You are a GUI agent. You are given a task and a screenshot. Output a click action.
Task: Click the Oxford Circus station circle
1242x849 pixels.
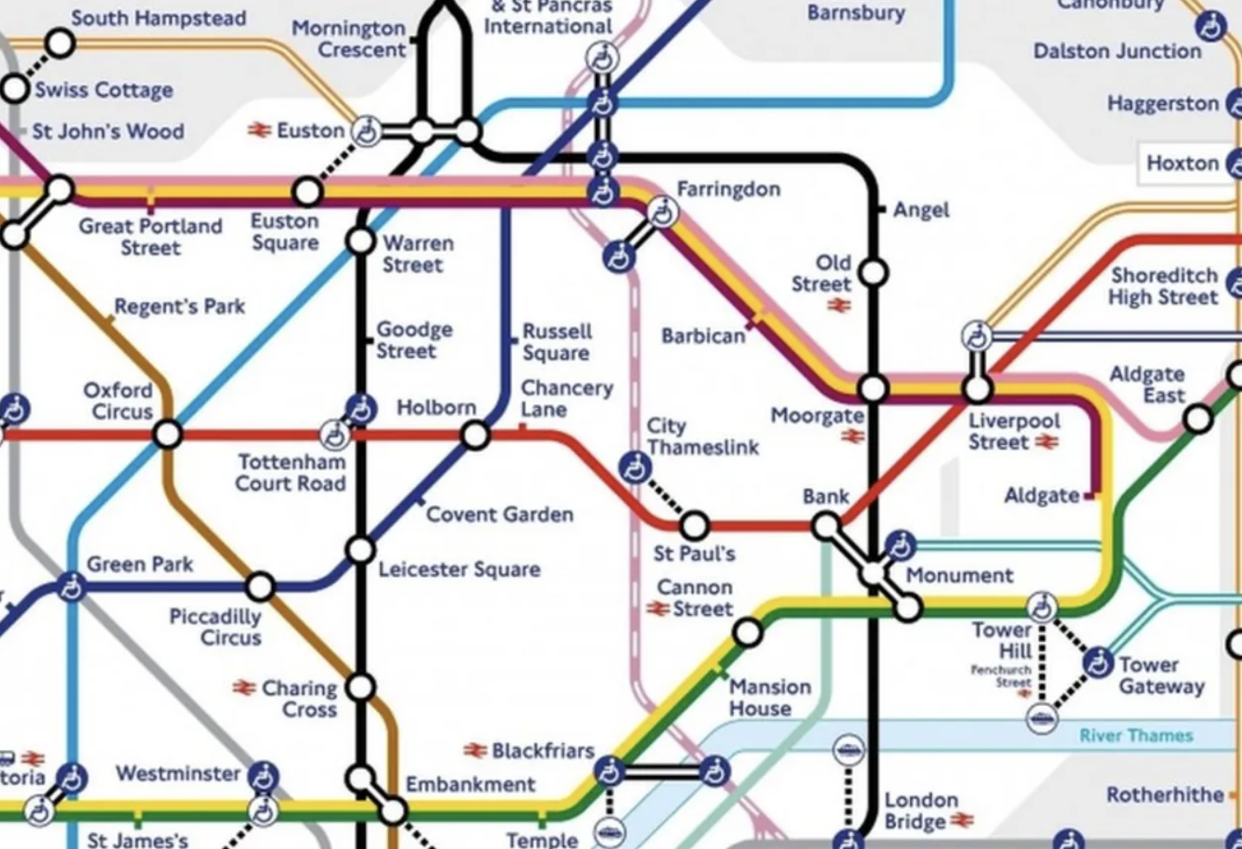(167, 434)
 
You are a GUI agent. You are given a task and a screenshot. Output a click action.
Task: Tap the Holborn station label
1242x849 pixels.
(436, 407)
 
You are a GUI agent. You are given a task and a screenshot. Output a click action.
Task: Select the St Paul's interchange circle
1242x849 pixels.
(694, 526)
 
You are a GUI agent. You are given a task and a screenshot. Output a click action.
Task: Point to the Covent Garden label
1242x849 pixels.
(499, 515)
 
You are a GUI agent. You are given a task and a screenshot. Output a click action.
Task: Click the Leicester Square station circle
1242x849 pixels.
(360, 550)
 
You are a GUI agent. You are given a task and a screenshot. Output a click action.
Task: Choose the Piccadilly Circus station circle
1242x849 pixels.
(261, 585)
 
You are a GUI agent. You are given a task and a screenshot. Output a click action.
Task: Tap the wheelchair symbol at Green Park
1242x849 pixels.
(71, 586)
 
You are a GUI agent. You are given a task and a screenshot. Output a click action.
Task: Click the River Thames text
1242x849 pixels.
(1136, 735)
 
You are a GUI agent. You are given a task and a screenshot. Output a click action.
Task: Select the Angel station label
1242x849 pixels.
(921, 210)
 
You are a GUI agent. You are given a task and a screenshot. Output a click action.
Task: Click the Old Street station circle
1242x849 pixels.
(873, 273)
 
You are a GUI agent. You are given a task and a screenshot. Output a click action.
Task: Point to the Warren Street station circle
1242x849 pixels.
(360, 241)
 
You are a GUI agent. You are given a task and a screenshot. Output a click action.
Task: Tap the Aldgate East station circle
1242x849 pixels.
(1198, 420)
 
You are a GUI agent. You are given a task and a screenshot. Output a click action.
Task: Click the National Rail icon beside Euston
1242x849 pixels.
(259, 130)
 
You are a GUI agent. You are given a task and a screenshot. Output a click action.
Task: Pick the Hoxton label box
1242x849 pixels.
(1182, 163)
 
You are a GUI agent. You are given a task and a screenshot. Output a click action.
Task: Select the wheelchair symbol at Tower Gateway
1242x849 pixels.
(1098, 663)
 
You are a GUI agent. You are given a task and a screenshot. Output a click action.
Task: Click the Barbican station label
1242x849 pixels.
(703, 336)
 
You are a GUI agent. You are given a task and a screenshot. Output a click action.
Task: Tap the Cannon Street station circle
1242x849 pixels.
(748, 632)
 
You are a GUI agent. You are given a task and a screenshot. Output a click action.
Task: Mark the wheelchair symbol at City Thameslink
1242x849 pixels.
(634, 468)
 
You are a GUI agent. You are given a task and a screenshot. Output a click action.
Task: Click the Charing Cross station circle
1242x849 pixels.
(360, 687)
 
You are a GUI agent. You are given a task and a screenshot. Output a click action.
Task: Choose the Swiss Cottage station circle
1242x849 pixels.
(15, 88)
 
